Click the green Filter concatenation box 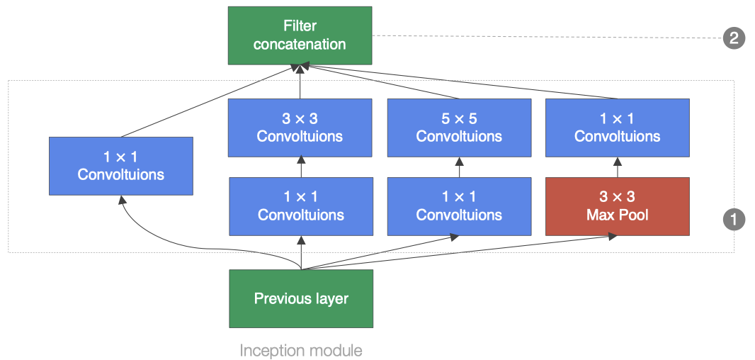pos(300,35)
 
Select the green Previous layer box pos(301,298)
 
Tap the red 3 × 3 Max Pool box pos(617,206)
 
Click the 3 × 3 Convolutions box pos(300,128)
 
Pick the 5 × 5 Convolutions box pos(459,128)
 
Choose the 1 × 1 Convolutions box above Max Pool pos(617,128)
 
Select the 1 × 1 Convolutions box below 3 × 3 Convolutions pos(301,206)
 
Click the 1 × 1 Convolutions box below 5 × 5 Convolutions pos(459,206)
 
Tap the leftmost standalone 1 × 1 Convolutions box pos(120,166)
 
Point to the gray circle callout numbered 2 pos(733,37)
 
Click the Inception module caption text pos(300,350)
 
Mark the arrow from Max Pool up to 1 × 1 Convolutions pos(617,167)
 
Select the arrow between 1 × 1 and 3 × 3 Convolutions pos(301,167)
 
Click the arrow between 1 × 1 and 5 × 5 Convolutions pos(459,167)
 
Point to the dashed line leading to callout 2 pos(545,37)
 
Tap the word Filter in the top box pos(300,26)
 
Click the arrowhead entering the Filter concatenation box pos(300,68)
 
